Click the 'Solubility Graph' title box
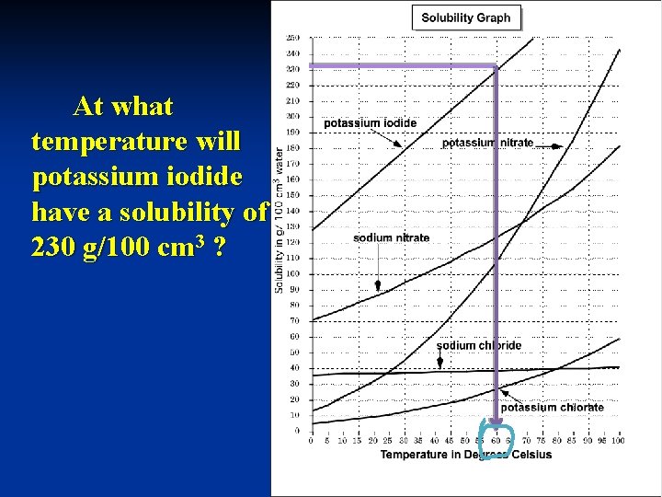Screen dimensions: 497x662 466,17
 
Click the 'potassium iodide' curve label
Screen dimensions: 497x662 370,122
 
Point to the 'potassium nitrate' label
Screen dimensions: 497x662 487,143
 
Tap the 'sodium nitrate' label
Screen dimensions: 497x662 391,237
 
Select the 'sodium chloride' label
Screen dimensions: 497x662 478,345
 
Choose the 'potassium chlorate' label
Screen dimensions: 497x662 552,407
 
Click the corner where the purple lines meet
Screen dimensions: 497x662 496,66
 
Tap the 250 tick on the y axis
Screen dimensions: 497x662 292,38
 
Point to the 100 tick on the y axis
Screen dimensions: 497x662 292,273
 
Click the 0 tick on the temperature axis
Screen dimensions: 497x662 312,441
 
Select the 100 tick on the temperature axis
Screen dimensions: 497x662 618,441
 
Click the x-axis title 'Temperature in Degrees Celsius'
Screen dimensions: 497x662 466,454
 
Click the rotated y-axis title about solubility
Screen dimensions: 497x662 279,221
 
